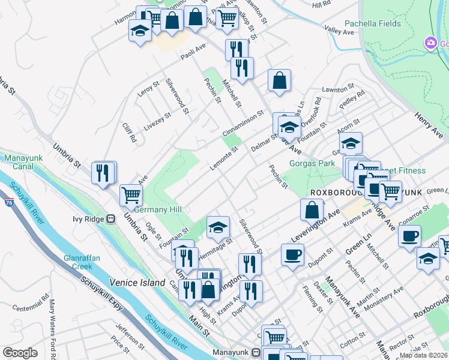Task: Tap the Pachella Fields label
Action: (x=372, y=24)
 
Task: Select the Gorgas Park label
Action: (x=312, y=163)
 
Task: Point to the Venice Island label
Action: (x=137, y=282)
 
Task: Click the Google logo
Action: (x=20, y=353)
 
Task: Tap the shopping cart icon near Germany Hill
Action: (x=131, y=194)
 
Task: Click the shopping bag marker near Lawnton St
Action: (x=279, y=80)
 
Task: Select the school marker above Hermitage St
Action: (x=218, y=226)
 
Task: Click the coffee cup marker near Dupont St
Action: (x=292, y=254)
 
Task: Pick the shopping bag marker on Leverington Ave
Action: (x=312, y=210)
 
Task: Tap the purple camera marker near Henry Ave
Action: (x=430, y=43)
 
